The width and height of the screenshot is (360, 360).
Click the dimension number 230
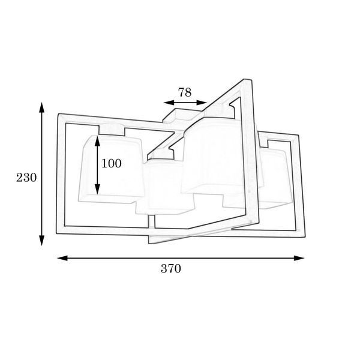(26, 178)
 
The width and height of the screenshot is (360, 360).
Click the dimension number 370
(171, 268)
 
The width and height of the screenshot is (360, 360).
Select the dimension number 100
(112, 163)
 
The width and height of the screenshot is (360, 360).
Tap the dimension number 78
(185, 92)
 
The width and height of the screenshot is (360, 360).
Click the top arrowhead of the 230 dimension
(41, 107)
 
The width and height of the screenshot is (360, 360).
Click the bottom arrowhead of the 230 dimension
(41, 241)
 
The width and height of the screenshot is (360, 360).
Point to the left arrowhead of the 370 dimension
(62, 258)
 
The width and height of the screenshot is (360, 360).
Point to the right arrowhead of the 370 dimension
(299, 258)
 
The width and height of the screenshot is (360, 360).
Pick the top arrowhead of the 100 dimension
(98, 141)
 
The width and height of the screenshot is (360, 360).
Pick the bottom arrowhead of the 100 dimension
(98, 189)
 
